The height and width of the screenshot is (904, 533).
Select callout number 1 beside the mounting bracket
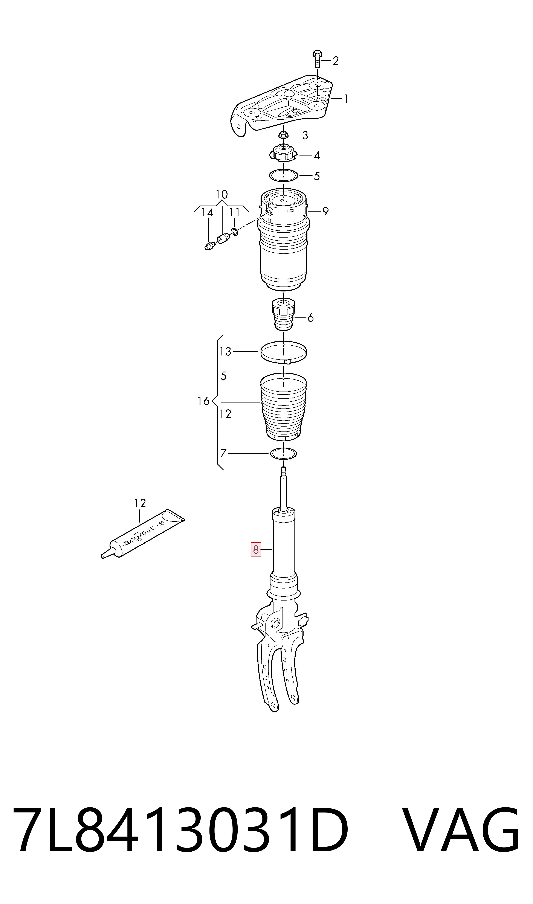pyautogui.click(x=346, y=99)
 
